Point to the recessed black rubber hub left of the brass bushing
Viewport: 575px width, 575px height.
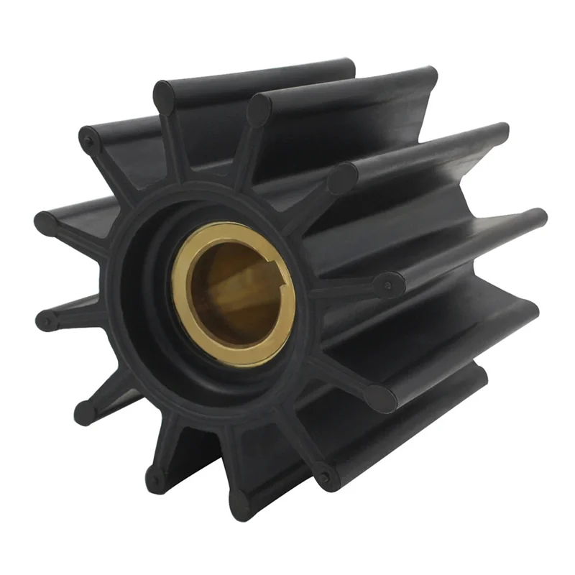pyautogui.click(x=147, y=302)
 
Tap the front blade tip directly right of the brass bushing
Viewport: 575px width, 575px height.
pyautogui.click(x=389, y=285)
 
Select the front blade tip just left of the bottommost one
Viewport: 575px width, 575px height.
pyautogui.click(x=154, y=479)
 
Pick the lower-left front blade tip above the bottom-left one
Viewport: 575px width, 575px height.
pyautogui.click(x=85, y=410)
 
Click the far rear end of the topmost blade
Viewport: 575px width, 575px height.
pyautogui.click(x=349, y=68)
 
